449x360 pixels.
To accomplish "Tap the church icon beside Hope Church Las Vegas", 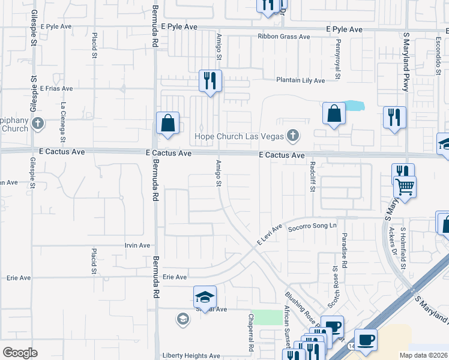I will pyautogui.click(x=293, y=135).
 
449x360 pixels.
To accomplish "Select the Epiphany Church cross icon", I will pyautogui.click(x=38, y=124).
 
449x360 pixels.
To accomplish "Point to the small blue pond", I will pyautogui.click(x=355, y=106).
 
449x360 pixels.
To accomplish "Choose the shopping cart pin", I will pyautogui.click(x=405, y=187).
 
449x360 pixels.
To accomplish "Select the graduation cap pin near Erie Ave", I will pyautogui.click(x=205, y=297).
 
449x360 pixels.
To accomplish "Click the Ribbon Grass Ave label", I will pyautogui.click(x=284, y=37).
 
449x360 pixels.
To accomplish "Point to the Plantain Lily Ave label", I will pyautogui.click(x=300, y=80).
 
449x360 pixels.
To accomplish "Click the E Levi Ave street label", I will pyautogui.click(x=270, y=235).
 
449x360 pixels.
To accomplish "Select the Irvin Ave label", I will pyautogui.click(x=137, y=245).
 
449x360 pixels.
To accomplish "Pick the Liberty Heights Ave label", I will pyautogui.click(x=191, y=356).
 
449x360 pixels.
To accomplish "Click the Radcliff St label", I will pyautogui.click(x=312, y=176).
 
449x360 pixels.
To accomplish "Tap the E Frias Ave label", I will pyautogui.click(x=56, y=88).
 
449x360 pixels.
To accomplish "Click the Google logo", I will pyautogui.click(x=20, y=353).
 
